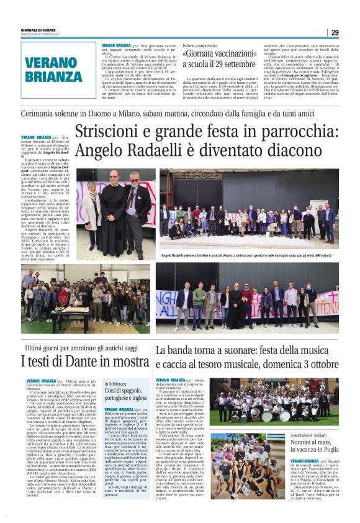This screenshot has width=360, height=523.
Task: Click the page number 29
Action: pyautogui.click(x=334, y=32)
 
